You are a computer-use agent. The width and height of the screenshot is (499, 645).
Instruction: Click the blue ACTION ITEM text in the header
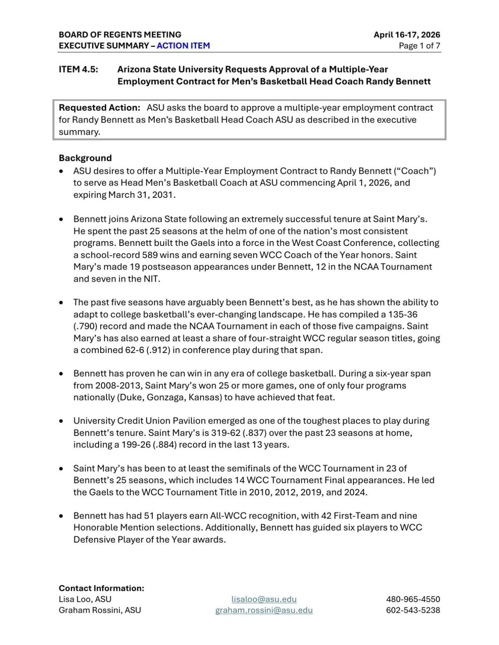(x=183, y=46)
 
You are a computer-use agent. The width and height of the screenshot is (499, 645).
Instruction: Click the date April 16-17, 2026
(x=406, y=34)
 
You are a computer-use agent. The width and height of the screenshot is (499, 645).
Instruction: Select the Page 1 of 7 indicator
(x=419, y=46)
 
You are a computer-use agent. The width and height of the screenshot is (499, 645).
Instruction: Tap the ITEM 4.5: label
(x=79, y=69)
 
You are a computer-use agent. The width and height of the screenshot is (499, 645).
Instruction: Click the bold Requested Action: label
(x=99, y=108)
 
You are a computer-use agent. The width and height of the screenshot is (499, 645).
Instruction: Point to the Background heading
(x=85, y=158)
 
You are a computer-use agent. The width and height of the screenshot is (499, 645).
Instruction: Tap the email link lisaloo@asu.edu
(x=264, y=599)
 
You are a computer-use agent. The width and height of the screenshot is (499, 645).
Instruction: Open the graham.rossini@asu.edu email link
(x=264, y=610)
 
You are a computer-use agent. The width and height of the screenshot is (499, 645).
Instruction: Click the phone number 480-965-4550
(x=413, y=599)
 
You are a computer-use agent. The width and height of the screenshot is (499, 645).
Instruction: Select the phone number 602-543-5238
(x=413, y=610)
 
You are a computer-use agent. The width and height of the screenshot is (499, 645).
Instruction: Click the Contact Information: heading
(x=101, y=588)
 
